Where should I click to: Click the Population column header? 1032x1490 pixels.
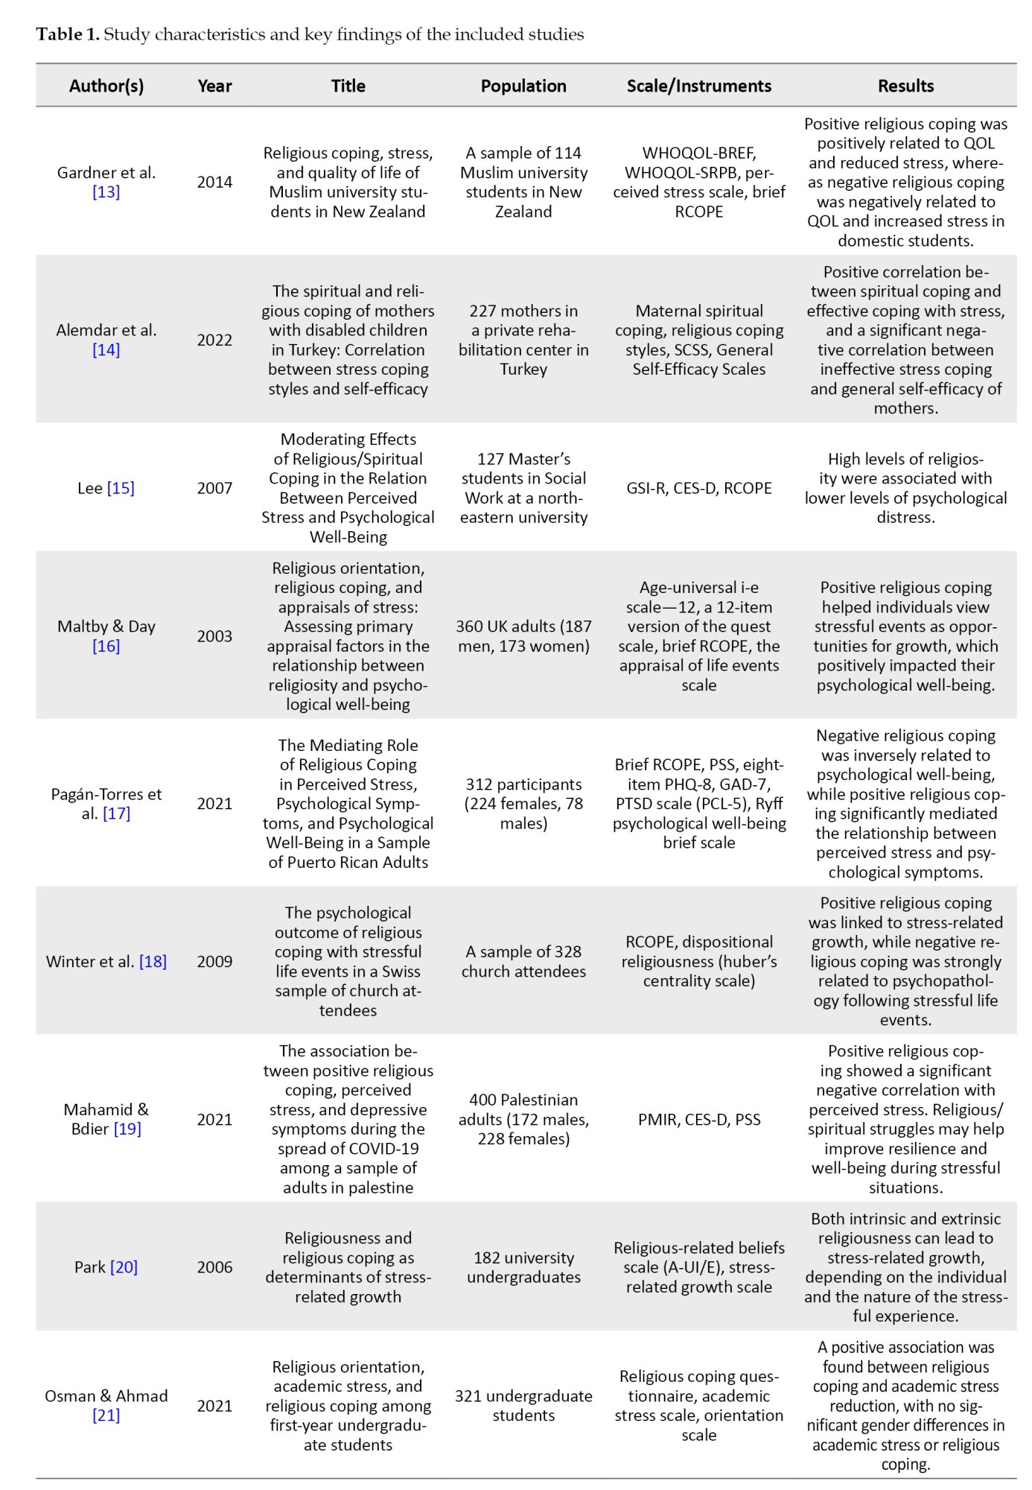tap(523, 86)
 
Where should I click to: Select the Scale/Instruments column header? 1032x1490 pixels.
tap(698, 86)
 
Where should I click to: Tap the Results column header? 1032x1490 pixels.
tap(905, 86)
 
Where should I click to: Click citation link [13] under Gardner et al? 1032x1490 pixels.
tap(106, 192)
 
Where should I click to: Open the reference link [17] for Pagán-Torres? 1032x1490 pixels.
tap(116, 814)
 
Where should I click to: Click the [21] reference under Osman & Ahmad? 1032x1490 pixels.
tap(106, 1415)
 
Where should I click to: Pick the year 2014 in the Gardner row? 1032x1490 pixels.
tap(214, 182)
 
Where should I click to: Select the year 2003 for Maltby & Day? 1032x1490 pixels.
tap(214, 636)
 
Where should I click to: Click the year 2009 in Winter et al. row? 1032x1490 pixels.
tap(214, 961)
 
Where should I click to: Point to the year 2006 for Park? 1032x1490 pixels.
tap(214, 1267)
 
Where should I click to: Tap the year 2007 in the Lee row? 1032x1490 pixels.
tap(214, 488)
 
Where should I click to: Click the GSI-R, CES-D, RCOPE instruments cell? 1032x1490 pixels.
tap(698, 488)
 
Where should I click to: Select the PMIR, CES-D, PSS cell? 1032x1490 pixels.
tap(698, 1119)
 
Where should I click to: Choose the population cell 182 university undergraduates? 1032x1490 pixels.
tap(523, 1267)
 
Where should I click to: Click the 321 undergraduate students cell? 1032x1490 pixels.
tap(523, 1406)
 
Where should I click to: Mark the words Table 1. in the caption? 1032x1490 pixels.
tap(67, 34)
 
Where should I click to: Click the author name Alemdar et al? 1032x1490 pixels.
tap(106, 330)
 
